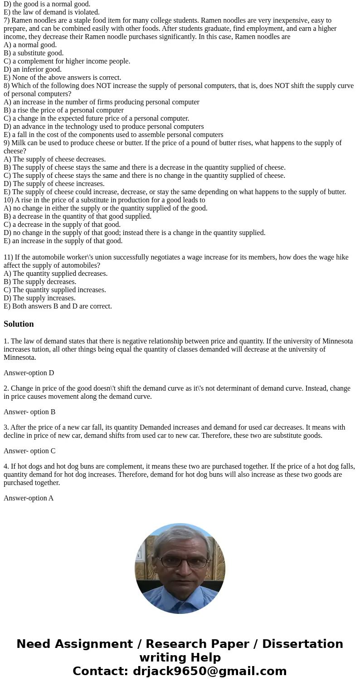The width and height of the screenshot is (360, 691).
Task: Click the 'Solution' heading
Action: (19, 324)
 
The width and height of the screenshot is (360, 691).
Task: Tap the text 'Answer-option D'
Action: (29, 373)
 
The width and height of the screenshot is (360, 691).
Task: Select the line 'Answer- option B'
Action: (29, 412)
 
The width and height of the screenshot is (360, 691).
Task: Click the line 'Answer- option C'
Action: (29, 451)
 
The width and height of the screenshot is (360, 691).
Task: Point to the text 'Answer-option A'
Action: (29, 498)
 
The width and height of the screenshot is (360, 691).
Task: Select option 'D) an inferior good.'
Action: (33, 69)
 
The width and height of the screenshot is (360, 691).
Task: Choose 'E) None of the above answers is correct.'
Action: (62, 78)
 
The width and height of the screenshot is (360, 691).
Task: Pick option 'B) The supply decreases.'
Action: (40, 282)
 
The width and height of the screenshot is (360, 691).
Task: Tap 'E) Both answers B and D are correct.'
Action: (58, 306)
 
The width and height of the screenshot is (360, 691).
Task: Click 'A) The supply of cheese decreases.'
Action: (54, 159)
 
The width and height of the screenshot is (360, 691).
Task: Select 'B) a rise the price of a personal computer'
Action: (63, 110)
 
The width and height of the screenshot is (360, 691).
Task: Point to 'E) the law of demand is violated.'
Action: (51, 12)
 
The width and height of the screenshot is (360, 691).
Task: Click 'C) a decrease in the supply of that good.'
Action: (62, 225)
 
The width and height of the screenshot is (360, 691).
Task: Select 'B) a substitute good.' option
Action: (34, 53)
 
